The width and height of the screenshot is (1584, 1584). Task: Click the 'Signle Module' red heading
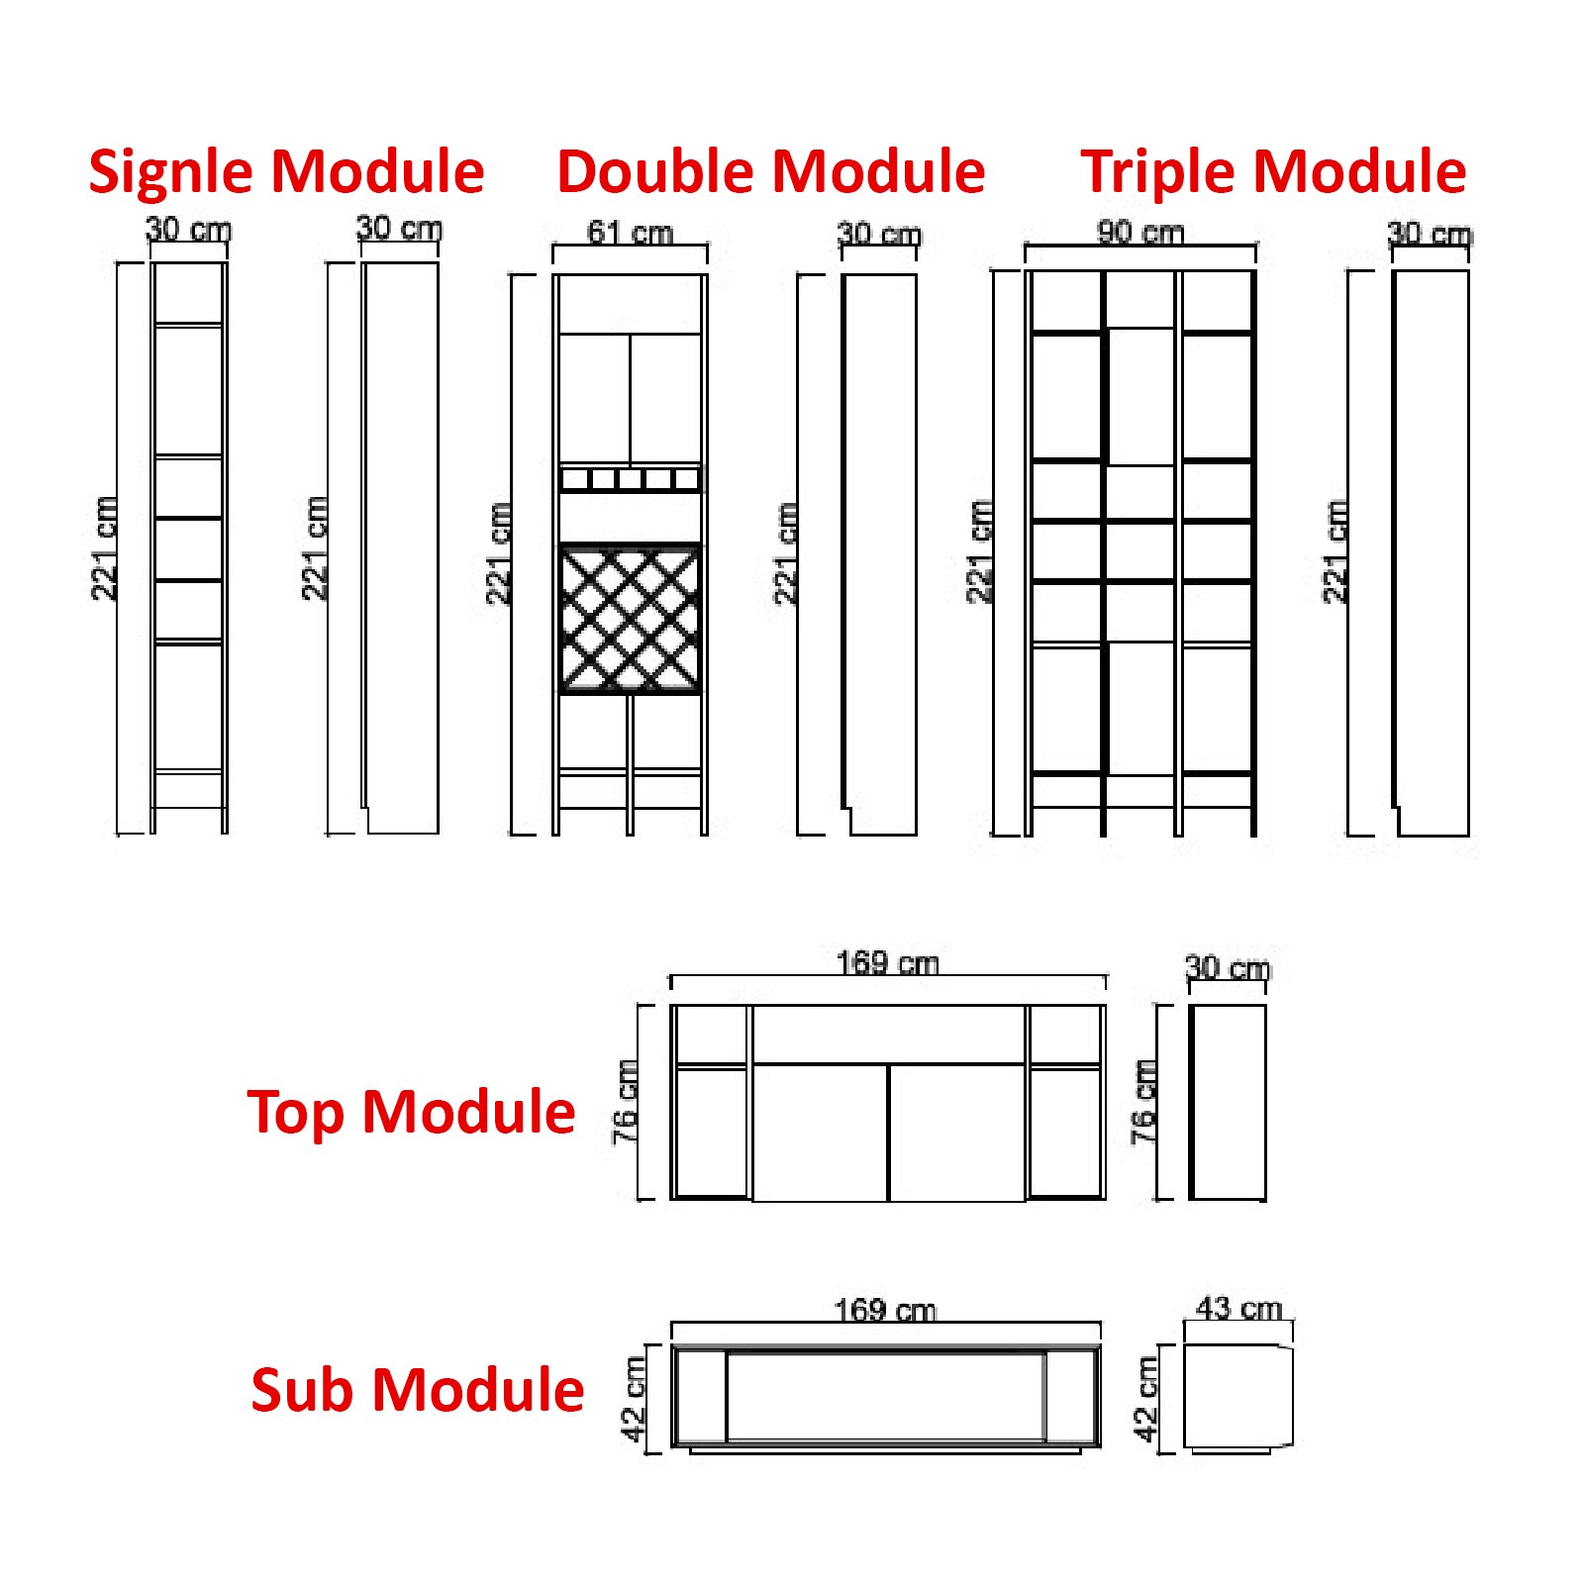[286, 171]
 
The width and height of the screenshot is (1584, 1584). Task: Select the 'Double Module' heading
[770, 171]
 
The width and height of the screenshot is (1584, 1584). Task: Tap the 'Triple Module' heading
[1273, 171]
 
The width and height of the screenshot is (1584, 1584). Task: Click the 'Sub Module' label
[417, 1389]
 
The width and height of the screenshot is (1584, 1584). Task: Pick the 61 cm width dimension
[630, 233]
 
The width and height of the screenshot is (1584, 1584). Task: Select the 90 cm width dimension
[1140, 232]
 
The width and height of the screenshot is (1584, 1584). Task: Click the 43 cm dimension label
[1238, 1308]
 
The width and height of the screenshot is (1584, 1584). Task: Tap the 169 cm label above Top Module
[887, 962]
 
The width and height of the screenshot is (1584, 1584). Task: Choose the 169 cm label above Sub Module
[885, 1310]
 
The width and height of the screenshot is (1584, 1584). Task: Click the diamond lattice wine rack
[630, 620]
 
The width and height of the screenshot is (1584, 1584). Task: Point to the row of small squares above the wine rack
[630, 480]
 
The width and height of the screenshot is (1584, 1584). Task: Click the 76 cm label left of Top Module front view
[625, 1102]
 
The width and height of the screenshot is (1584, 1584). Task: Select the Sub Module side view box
[1237, 1397]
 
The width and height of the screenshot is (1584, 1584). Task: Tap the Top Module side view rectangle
[1228, 1102]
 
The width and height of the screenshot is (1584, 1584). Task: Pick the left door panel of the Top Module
[820, 1133]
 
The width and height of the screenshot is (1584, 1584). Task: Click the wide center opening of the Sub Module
[885, 1397]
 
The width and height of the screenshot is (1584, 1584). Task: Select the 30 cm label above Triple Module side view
[1430, 235]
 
